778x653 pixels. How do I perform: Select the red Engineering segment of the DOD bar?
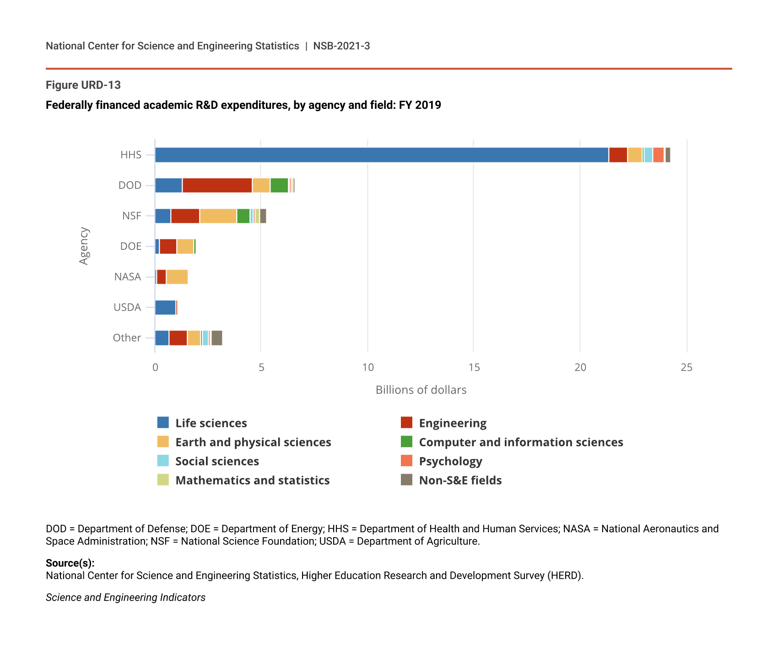pyautogui.click(x=217, y=185)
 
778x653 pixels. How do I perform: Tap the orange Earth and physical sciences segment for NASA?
pyautogui.click(x=177, y=277)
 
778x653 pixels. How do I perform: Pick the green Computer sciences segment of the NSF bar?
pyautogui.click(x=243, y=216)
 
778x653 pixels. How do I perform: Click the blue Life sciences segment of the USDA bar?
pyautogui.click(x=165, y=308)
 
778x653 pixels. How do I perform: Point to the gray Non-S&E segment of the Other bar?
pyautogui.click(x=217, y=338)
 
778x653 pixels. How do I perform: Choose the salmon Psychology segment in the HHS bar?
pyautogui.click(x=658, y=155)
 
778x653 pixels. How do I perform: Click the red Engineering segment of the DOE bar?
pyautogui.click(x=168, y=247)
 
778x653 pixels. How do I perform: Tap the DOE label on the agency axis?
pyautogui.click(x=131, y=246)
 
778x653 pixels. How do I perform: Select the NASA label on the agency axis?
pyautogui.click(x=128, y=277)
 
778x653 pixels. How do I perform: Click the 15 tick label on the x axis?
pyautogui.click(x=474, y=367)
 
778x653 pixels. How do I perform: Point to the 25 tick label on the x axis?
pyautogui.click(x=686, y=367)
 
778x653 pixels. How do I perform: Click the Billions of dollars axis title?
pyautogui.click(x=421, y=390)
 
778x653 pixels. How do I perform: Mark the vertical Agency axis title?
pyautogui.click(x=84, y=246)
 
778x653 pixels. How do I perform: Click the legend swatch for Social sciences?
pyautogui.click(x=163, y=461)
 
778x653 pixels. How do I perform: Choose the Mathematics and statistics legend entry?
pyautogui.click(x=252, y=480)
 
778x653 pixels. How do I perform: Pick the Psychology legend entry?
pyautogui.click(x=450, y=461)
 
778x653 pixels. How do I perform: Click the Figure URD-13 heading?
pyautogui.click(x=83, y=85)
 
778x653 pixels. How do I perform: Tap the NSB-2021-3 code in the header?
pyautogui.click(x=341, y=46)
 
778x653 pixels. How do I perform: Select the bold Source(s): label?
pyautogui.click(x=70, y=563)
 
